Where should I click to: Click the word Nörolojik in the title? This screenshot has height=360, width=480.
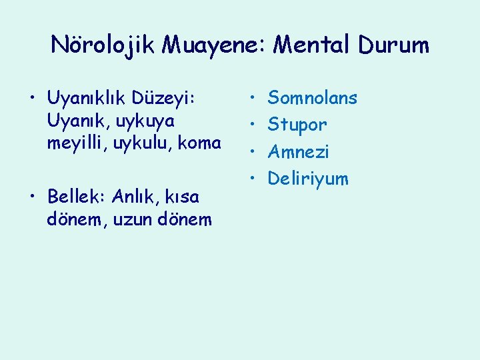(x=103, y=45)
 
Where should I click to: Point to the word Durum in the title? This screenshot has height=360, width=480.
(x=393, y=45)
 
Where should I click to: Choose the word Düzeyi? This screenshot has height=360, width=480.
(x=167, y=99)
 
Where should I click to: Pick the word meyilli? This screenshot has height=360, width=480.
(x=74, y=143)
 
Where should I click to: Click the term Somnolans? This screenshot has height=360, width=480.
(x=312, y=99)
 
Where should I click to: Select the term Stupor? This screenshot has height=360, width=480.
(x=297, y=125)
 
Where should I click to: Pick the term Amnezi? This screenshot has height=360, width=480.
(x=298, y=152)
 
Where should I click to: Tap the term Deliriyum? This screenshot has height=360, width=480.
(x=307, y=179)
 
